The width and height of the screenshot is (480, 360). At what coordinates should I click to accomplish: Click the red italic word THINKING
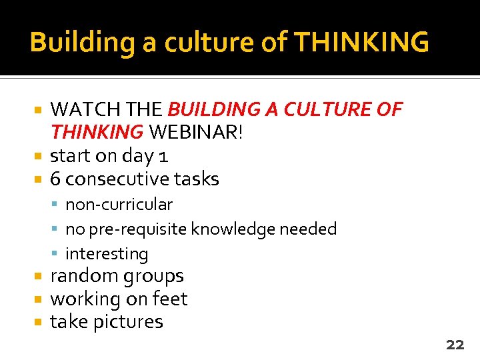tap(97, 132)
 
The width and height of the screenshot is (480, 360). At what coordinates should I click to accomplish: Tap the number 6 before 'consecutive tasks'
tap(56, 179)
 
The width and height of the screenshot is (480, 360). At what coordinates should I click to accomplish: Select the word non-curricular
tap(119, 204)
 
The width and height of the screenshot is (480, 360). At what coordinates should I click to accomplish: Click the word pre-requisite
tap(137, 229)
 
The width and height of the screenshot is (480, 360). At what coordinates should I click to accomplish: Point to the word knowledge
tap(233, 229)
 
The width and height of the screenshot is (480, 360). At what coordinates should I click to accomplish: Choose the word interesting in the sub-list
tap(107, 254)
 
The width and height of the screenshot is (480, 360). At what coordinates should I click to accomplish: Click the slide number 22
tap(455, 345)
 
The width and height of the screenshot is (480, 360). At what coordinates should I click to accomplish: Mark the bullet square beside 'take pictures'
tap(39, 322)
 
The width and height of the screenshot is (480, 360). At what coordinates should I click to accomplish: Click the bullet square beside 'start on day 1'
tap(39, 156)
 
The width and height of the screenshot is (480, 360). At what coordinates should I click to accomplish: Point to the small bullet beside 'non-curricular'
tap(58, 205)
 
